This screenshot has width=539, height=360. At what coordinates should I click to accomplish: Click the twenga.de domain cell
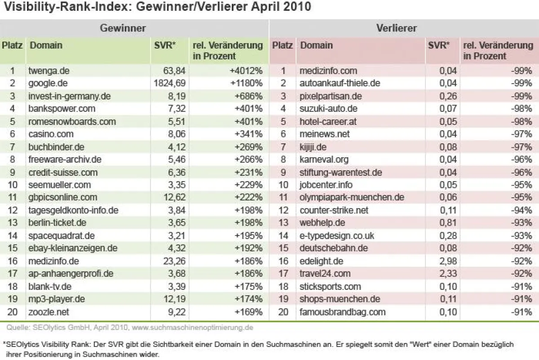pos(49,71)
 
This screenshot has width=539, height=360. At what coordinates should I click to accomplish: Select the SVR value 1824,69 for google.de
pos(168,83)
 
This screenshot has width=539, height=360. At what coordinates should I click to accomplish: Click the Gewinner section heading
pos(123,28)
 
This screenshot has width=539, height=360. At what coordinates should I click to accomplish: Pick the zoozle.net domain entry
pos(49,311)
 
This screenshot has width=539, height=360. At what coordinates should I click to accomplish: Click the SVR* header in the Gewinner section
pos(165,45)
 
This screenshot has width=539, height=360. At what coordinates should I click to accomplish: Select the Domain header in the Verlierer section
pos(317,45)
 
